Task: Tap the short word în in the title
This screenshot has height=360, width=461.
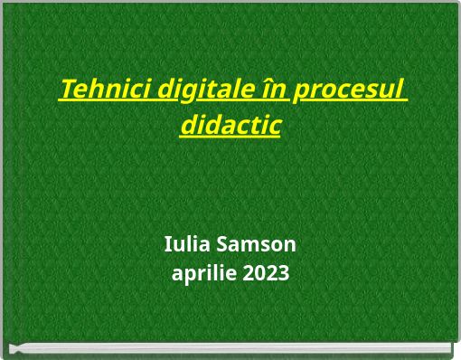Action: click(x=274, y=90)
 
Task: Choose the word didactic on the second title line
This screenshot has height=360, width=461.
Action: click(x=230, y=125)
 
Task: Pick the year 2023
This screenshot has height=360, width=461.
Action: click(x=266, y=273)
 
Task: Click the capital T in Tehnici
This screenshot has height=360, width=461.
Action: click(x=66, y=90)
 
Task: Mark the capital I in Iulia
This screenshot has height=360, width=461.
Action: click(x=168, y=244)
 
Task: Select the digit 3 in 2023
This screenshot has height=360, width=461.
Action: click(x=283, y=273)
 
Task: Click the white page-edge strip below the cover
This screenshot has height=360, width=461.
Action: click(x=230, y=347)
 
